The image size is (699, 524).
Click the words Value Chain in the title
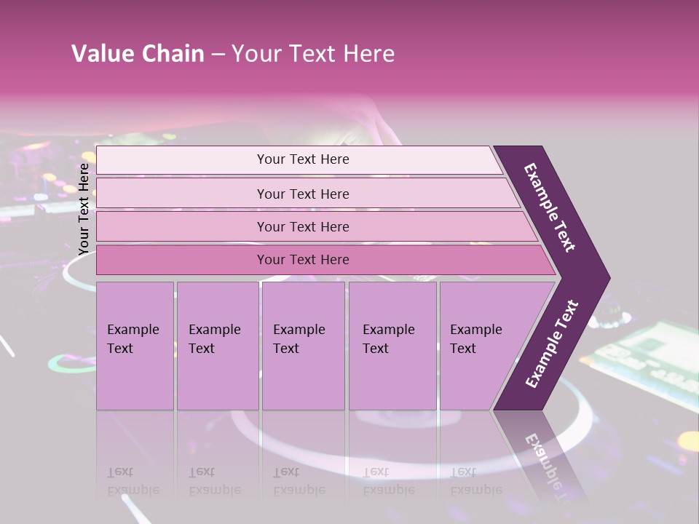click(x=138, y=54)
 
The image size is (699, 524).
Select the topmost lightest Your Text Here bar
click(x=302, y=159)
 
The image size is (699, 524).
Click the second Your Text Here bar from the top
click(x=302, y=194)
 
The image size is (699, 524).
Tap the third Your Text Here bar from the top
click(x=302, y=226)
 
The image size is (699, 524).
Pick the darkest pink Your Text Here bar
click(x=302, y=260)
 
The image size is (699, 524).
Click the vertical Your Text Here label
click(x=84, y=209)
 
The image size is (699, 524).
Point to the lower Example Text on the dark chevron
click(x=551, y=344)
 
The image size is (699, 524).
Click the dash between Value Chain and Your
click(x=218, y=55)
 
